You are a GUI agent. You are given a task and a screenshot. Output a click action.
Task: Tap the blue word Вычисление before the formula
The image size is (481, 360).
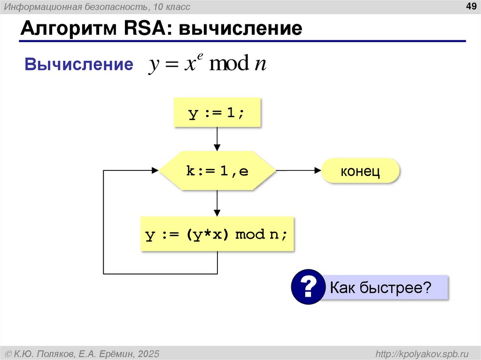[x=79, y=65]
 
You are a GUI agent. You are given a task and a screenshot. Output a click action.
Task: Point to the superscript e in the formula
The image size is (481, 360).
[x=200, y=56]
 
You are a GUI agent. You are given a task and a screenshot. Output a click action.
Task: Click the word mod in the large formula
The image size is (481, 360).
[x=229, y=64]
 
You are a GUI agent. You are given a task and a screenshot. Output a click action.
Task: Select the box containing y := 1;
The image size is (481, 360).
[x=217, y=113]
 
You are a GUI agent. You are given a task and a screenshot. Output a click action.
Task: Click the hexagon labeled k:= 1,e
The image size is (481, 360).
[x=217, y=171]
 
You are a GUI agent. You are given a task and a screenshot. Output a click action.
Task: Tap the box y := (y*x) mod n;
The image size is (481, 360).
[x=217, y=234]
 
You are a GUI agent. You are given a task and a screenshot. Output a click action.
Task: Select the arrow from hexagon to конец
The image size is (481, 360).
[x=299, y=171]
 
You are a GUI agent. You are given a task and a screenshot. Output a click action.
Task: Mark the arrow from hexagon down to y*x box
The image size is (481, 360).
[x=217, y=203]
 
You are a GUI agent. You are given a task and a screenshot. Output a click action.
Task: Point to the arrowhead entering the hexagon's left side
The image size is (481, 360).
[x=155, y=171]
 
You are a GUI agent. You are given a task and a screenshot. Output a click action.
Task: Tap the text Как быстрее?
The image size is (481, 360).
[x=380, y=287]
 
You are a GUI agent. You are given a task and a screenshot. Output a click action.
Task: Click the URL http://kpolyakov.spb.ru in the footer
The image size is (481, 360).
[x=422, y=353]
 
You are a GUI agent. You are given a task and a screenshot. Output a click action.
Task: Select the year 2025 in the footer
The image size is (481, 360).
[x=149, y=353]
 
